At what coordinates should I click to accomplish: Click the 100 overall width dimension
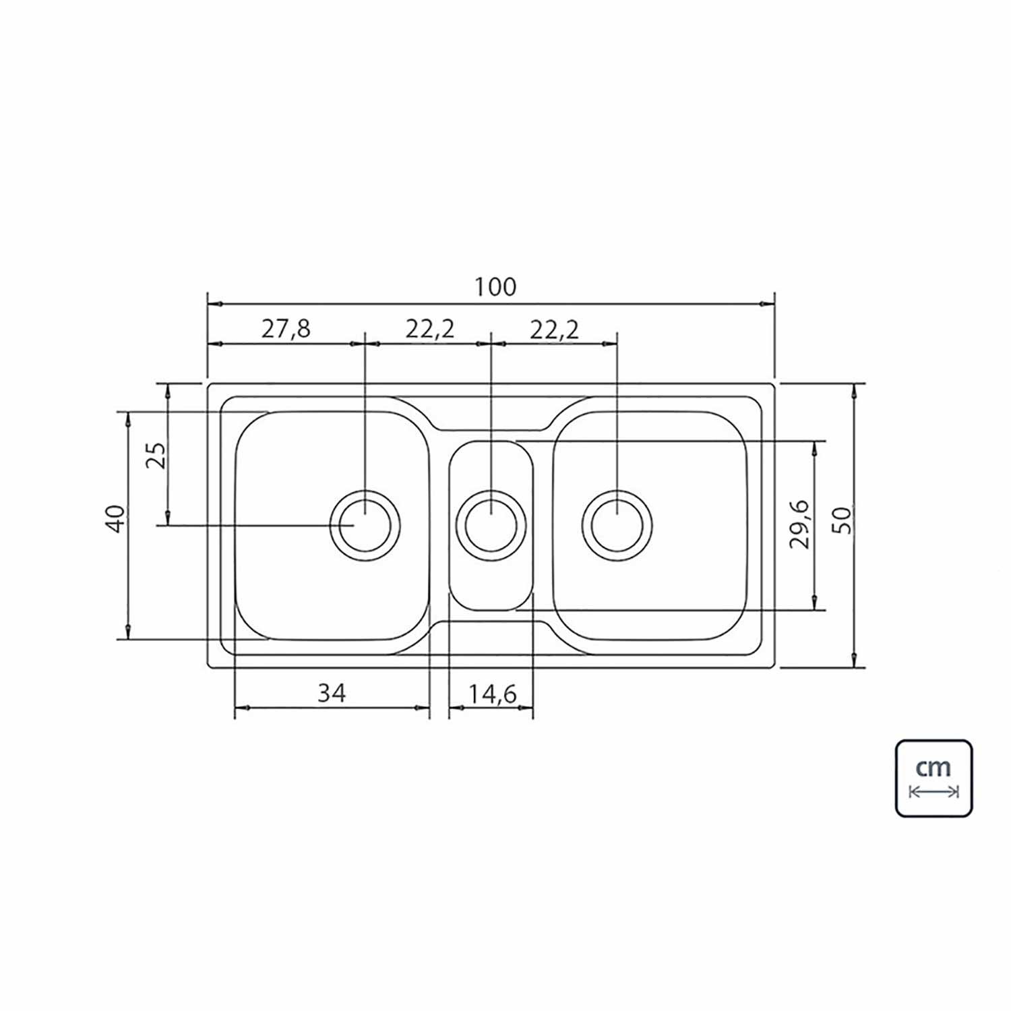click(x=495, y=287)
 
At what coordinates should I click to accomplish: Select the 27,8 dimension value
click(x=286, y=329)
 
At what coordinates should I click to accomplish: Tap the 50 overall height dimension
click(x=842, y=519)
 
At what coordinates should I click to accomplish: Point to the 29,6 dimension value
click(x=800, y=524)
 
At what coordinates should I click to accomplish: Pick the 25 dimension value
click(x=155, y=456)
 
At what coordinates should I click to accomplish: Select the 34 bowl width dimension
click(x=332, y=693)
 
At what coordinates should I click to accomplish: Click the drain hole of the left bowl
click(x=365, y=525)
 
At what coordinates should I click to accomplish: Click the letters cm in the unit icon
click(x=933, y=767)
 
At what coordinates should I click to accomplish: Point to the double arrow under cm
click(x=933, y=791)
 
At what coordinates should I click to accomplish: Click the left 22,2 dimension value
click(x=430, y=329)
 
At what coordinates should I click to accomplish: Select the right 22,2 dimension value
click(x=554, y=329)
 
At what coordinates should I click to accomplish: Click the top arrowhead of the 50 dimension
click(x=855, y=392)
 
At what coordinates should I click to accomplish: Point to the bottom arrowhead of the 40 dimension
click(x=127, y=631)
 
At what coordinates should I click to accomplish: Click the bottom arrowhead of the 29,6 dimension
click(x=816, y=602)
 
